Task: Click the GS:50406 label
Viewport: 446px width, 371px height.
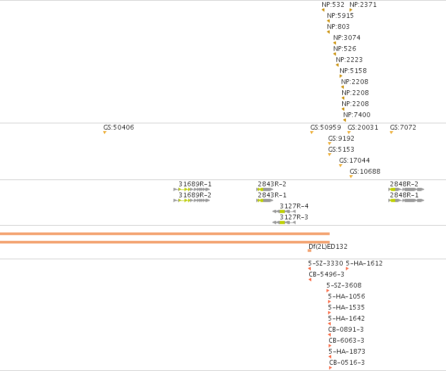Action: pos(118,128)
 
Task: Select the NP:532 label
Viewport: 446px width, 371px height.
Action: pos(333,5)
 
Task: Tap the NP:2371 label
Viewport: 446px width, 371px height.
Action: pos(363,5)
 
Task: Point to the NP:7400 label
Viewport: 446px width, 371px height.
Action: pos(357,115)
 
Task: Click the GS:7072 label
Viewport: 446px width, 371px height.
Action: pos(403,128)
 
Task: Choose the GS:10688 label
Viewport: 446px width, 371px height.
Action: pos(365,172)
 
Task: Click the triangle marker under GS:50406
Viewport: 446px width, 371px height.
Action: pos(105,132)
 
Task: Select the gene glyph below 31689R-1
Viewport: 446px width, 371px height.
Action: pos(192,189)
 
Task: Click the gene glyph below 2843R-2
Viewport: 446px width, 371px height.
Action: pos(265,189)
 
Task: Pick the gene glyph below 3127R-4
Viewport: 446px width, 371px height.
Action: pos(284,211)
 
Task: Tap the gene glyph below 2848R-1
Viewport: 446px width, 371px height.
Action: pos(406,200)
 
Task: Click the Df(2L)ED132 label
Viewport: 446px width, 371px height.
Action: pos(328,247)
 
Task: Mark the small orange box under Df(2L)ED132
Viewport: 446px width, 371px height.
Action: pos(309,250)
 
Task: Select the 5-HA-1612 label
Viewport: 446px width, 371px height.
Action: pos(364,263)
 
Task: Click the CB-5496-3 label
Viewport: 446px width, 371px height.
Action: pos(327,274)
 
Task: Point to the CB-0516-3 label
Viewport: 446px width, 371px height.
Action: pos(347,363)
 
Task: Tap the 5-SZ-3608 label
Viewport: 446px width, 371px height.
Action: pos(344,285)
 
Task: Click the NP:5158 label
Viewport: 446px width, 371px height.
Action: pos(353,71)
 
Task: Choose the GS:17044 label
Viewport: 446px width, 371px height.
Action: pos(354,161)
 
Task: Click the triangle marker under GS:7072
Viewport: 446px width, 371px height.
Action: pos(391,132)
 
